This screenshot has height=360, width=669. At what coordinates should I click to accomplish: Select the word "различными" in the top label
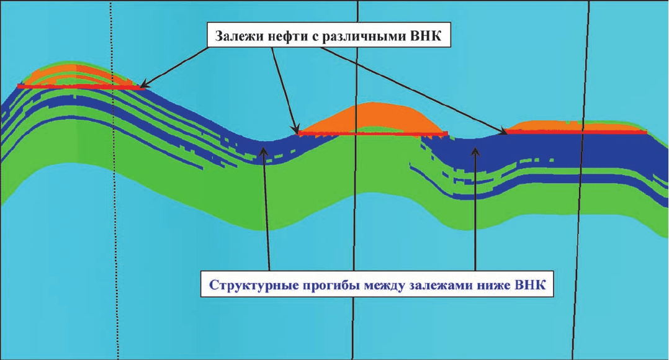(x=364, y=37)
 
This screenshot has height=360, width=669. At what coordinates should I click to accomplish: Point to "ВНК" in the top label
(x=426, y=36)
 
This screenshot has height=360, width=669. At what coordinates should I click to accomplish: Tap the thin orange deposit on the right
(x=572, y=126)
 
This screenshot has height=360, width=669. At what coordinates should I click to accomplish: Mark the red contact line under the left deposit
(x=81, y=87)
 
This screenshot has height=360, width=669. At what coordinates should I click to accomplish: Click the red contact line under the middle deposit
(x=372, y=134)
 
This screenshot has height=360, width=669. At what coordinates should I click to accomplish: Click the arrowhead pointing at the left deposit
(x=144, y=84)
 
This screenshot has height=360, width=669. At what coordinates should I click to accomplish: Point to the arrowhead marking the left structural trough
(x=264, y=151)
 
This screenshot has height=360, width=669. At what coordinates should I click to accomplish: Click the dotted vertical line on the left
(x=114, y=180)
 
